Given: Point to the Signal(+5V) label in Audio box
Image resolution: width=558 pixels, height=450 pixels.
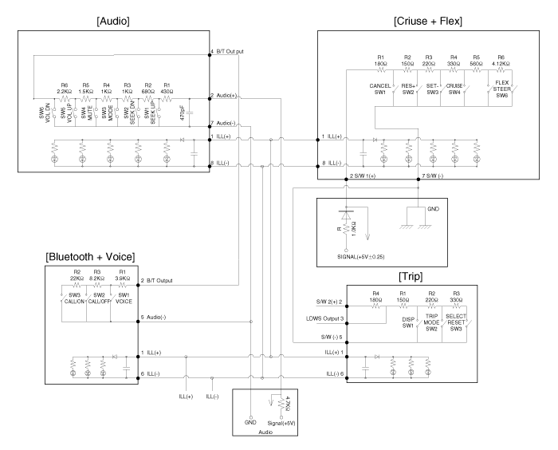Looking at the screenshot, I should (280, 422).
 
